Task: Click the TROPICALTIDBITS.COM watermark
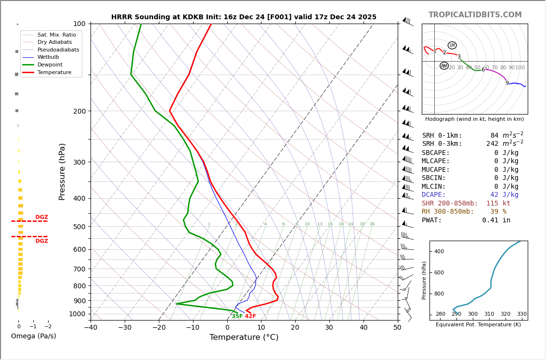[475, 15]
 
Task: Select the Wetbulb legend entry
[49, 57]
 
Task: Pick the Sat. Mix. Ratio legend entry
[56, 35]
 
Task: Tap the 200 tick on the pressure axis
[79, 111]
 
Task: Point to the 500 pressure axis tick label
[79, 227]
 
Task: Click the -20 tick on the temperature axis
[159, 328]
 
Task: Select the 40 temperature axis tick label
[363, 328]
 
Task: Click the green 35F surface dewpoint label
[237, 316]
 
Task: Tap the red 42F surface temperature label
[250, 316]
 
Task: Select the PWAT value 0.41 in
[496, 220]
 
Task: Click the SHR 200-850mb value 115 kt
[498, 204]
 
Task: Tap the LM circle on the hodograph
[452, 45]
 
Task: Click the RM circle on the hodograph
[444, 66]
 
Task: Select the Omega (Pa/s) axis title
[34, 336]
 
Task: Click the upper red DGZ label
[41, 217]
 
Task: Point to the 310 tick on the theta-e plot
[489, 314]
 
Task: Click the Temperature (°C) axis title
[244, 337]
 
